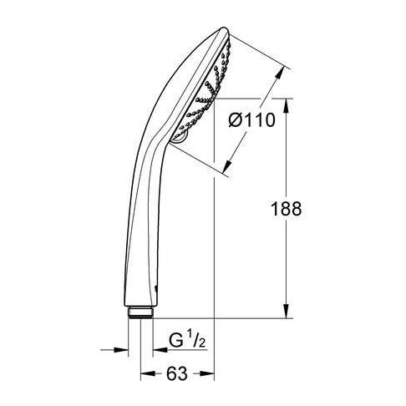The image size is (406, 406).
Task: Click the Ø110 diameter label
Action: pyautogui.click(x=251, y=120)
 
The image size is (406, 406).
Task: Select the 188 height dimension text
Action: pyautogui.click(x=286, y=209)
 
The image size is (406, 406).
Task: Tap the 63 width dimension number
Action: pyautogui.click(x=176, y=373)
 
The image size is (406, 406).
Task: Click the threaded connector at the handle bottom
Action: pyautogui.click(x=140, y=312)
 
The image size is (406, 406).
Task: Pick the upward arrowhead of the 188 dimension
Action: pyautogui.click(x=286, y=105)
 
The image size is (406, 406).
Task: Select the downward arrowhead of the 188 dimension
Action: pyautogui.click(x=286, y=311)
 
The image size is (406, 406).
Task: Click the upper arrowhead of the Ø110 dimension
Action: pyautogui.click(x=280, y=74)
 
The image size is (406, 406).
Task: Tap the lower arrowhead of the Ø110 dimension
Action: pyautogui.click(x=228, y=165)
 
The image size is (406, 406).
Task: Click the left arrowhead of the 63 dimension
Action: pyautogui.click(x=148, y=373)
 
